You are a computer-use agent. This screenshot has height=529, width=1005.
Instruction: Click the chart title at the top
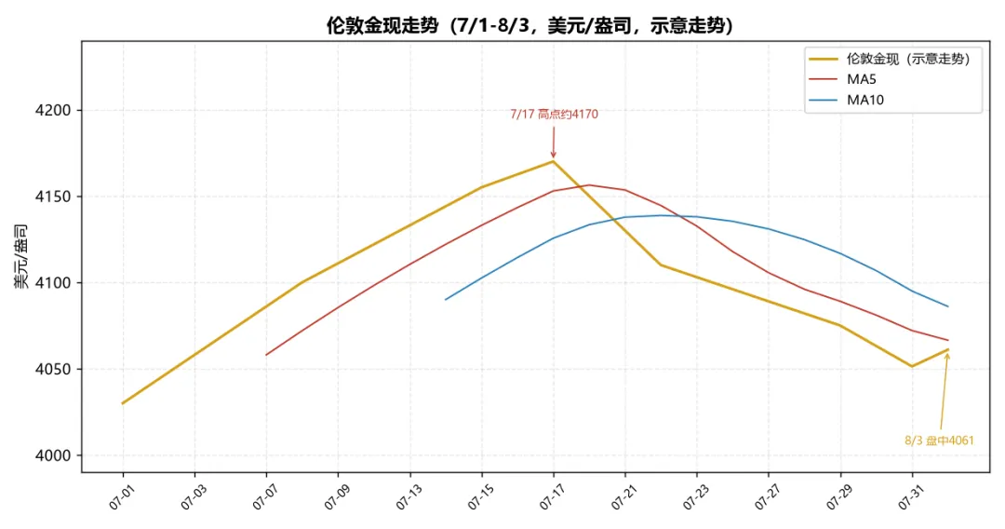click(530, 25)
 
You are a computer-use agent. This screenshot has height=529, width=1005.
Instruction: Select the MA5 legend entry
click(861, 79)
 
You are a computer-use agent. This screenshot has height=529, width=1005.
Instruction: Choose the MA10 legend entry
click(865, 100)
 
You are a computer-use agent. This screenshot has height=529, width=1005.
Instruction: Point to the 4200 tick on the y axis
click(53, 110)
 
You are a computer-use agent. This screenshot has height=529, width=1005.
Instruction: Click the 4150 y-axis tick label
click(53, 197)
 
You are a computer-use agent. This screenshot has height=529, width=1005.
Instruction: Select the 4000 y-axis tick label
click(53, 456)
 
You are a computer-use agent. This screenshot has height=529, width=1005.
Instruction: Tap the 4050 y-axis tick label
click(53, 370)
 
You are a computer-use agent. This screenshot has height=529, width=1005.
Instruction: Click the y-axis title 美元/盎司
click(21, 256)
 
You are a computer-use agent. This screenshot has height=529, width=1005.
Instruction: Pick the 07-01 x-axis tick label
click(121, 497)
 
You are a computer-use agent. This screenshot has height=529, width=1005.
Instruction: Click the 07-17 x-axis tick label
click(552, 497)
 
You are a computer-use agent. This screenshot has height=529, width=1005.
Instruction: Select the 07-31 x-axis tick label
click(911, 497)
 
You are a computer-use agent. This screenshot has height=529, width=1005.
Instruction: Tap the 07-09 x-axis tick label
click(337, 497)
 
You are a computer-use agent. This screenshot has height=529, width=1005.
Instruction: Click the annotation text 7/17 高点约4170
click(554, 115)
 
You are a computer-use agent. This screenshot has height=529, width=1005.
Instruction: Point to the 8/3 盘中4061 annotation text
click(939, 441)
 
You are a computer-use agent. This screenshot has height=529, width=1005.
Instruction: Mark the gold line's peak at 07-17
click(553, 161)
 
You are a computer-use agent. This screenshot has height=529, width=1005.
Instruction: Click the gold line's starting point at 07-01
click(123, 403)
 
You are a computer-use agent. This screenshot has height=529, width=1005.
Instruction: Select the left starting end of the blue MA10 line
click(446, 300)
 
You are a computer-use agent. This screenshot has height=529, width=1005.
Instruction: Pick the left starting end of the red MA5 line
click(266, 355)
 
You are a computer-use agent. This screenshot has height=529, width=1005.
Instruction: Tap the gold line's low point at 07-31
click(912, 367)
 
